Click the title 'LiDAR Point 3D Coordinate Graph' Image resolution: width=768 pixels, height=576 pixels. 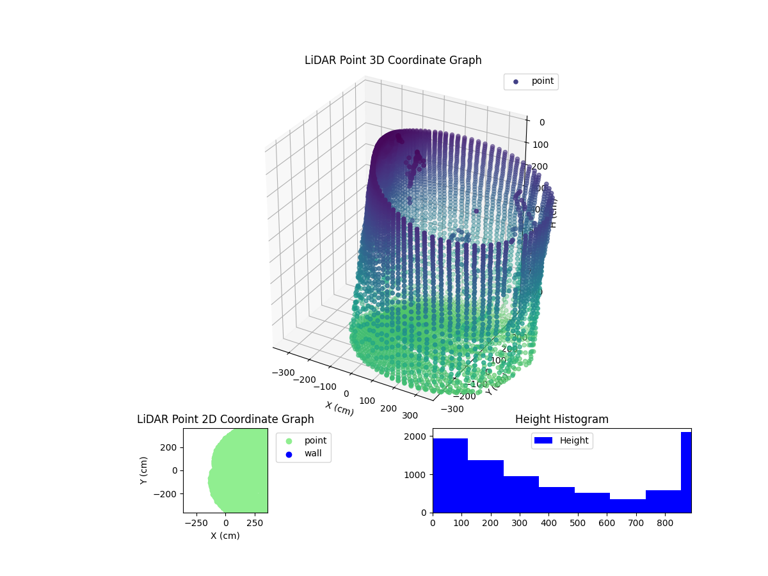[x=393, y=60]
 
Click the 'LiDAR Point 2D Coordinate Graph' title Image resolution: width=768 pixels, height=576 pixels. [x=225, y=419]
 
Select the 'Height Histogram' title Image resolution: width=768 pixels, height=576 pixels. [x=561, y=419]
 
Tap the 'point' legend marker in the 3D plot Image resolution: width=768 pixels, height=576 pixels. [x=516, y=82]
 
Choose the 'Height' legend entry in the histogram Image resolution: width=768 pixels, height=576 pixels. [x=561, y=440]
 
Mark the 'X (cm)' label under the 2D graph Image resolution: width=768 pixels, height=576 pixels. [x=225, y=536]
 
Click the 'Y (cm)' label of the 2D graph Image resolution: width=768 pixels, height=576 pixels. [x=145, y=470]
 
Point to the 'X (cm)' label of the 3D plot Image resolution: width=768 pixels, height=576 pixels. [x=339, y=408]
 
